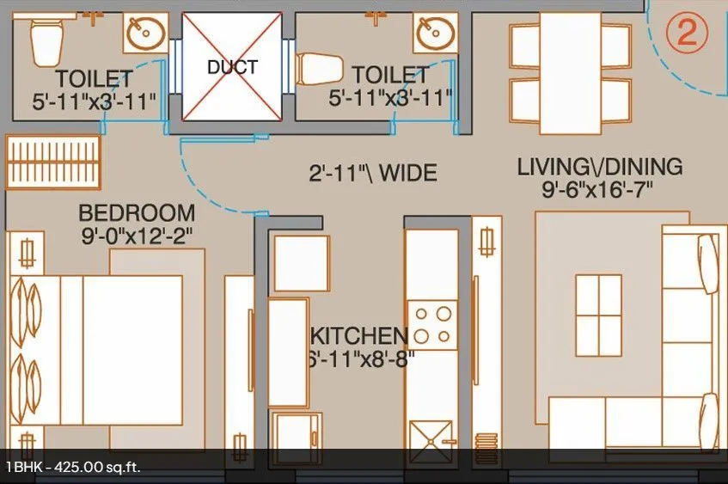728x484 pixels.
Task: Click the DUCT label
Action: click(x=232, y=66)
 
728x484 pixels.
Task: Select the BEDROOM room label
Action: click(x=137, y=212)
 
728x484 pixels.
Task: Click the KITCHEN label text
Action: click(x=359, y=335)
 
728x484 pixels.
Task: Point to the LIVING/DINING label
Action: click(x=599, y=167)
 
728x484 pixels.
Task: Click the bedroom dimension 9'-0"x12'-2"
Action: click(x=137, y=233)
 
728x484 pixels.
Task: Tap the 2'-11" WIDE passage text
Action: click(x=373, y=173)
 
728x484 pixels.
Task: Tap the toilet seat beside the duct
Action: click(x=312, y=67)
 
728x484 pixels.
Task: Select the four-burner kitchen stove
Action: click(x=432, y=324)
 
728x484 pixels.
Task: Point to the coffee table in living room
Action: click(x=598, y=316)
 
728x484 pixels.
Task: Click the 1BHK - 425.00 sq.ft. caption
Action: click(x=73, y=468)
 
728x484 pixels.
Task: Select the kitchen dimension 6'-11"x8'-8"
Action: click(x=361, y=358)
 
